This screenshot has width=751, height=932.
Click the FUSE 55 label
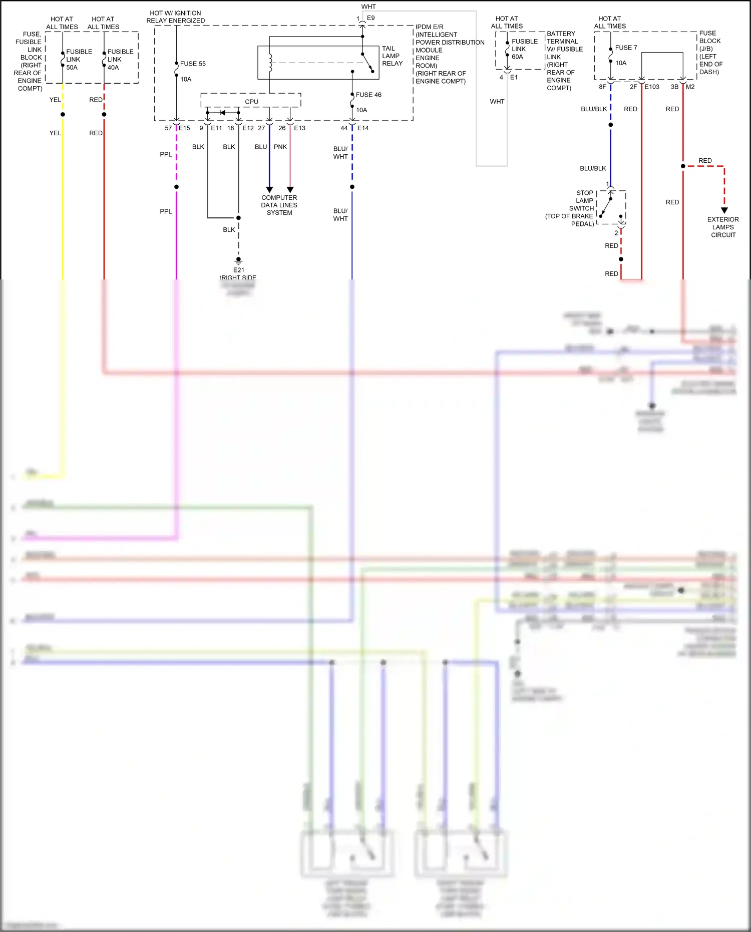(x=193, y=64)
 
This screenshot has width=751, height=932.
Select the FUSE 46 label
(x=368, y=95)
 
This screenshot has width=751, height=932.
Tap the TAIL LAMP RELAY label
(x=392, y=56)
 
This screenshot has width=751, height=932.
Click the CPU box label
(x=251, y=102)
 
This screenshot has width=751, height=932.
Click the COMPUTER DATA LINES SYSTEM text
(x=279, y=205)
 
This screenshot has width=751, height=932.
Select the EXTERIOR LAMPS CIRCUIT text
(x=723, y=227)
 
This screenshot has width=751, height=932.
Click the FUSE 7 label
(x=626, y=48)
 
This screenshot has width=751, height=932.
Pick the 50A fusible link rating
(x=72, y=68)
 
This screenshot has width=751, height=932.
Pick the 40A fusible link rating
(x=113, y=68)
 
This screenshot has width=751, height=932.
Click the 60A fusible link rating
(x=517, y=57)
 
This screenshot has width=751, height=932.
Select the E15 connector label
(x=184, y=128)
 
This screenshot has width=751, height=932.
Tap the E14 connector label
(x=363, y=128)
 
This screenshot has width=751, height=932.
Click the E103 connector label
(x=652, y=87)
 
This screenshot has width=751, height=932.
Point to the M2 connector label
(x=690, y=87)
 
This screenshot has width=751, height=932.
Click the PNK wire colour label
(x=280, y=147)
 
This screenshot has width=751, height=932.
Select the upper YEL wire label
(x=55, y=100)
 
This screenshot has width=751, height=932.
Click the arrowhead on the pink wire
(x=290, y=190)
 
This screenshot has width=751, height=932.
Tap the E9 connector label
(x=370, y=18)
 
